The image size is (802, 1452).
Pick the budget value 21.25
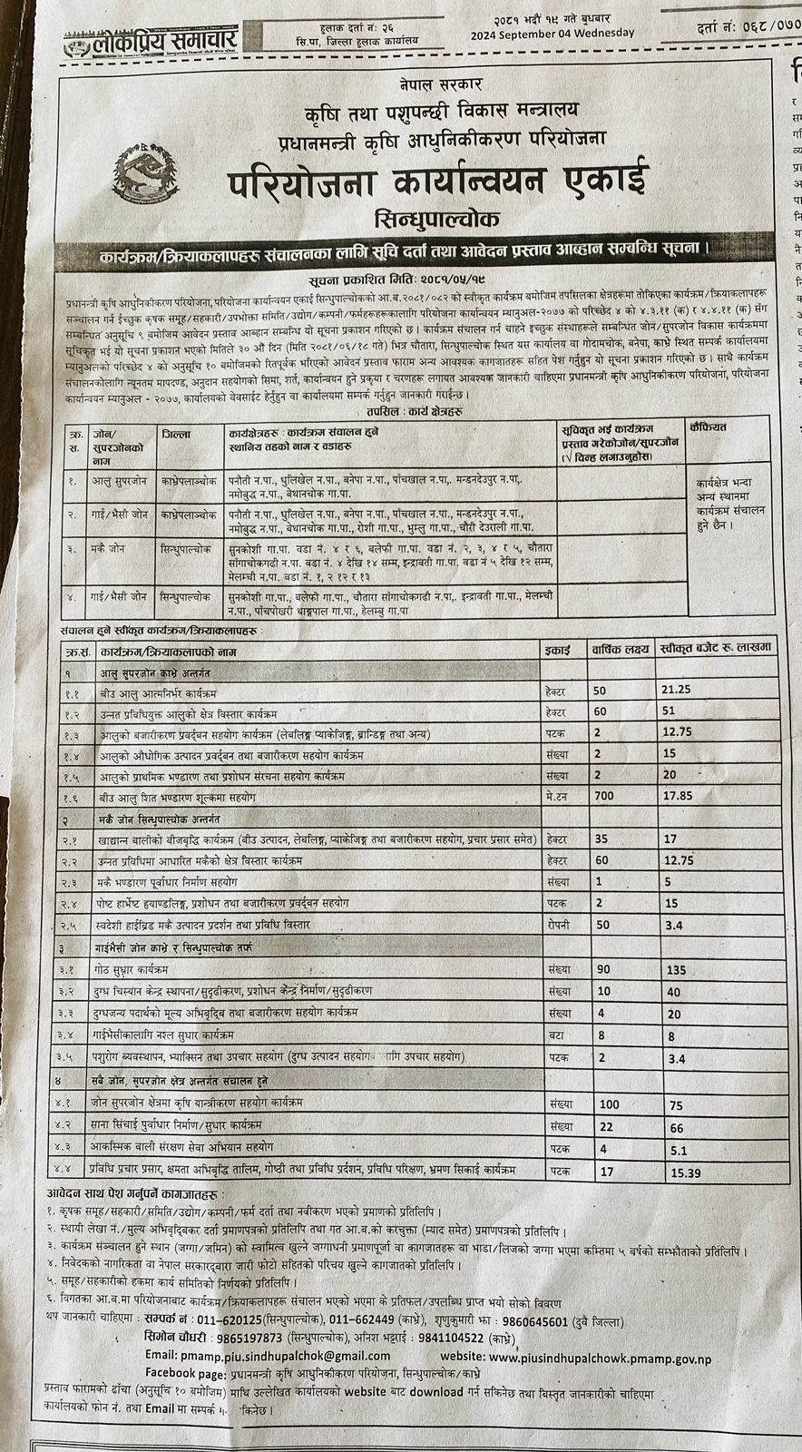[x=679, y=689]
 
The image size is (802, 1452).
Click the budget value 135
[x=676, y=969]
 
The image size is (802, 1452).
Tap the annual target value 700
[x=604, y=796]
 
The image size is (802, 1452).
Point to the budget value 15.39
[x=686, y=1173]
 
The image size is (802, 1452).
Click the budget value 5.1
[x=676, y=1148]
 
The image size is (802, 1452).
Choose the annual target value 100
[x=609, y=1104]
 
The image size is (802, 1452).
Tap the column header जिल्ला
[x=176, y=435]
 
